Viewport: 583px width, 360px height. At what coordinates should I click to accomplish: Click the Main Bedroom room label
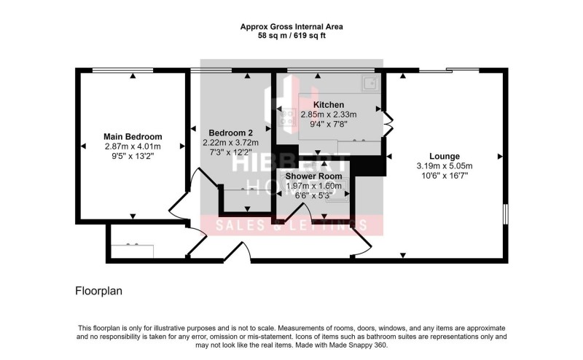(132, 136)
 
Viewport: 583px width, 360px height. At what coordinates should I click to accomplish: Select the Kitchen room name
(328, 105)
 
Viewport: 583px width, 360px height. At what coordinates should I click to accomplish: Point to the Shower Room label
(313, 176)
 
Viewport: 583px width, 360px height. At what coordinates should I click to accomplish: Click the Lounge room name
(444, 156)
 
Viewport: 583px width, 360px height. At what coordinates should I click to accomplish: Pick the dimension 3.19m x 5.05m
(444, 165)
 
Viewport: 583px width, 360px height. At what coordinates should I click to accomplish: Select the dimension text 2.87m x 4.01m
(132, 146)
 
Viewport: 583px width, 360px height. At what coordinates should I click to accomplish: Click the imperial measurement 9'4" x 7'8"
(328, 124)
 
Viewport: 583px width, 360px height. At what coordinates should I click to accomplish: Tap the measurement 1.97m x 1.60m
(313, 186)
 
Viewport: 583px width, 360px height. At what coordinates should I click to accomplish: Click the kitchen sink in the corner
(369, 83)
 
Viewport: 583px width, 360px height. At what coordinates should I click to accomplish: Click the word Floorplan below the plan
(98, 290)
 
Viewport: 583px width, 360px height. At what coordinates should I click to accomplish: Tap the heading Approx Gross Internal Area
(291, 26)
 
